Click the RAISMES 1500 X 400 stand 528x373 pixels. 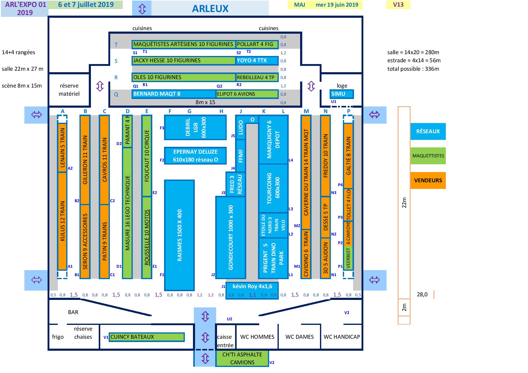179,235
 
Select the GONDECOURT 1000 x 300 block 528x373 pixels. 231,237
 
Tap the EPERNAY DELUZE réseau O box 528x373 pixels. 195,156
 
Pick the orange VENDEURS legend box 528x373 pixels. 428,180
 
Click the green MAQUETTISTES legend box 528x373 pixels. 428,156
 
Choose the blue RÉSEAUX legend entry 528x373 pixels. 428,131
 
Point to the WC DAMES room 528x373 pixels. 300,337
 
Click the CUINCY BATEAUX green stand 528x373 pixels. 147,337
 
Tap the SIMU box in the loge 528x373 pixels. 341,94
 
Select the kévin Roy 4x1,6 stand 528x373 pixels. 252,287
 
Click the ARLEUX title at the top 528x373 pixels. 210,8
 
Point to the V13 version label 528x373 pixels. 398,5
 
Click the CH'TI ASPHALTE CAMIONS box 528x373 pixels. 242,359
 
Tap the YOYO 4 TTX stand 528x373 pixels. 257,60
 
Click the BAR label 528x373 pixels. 73,312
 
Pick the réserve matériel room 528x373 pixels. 69,90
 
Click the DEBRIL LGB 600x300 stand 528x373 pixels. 195,128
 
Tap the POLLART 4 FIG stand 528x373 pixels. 257,44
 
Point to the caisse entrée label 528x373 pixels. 225,341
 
